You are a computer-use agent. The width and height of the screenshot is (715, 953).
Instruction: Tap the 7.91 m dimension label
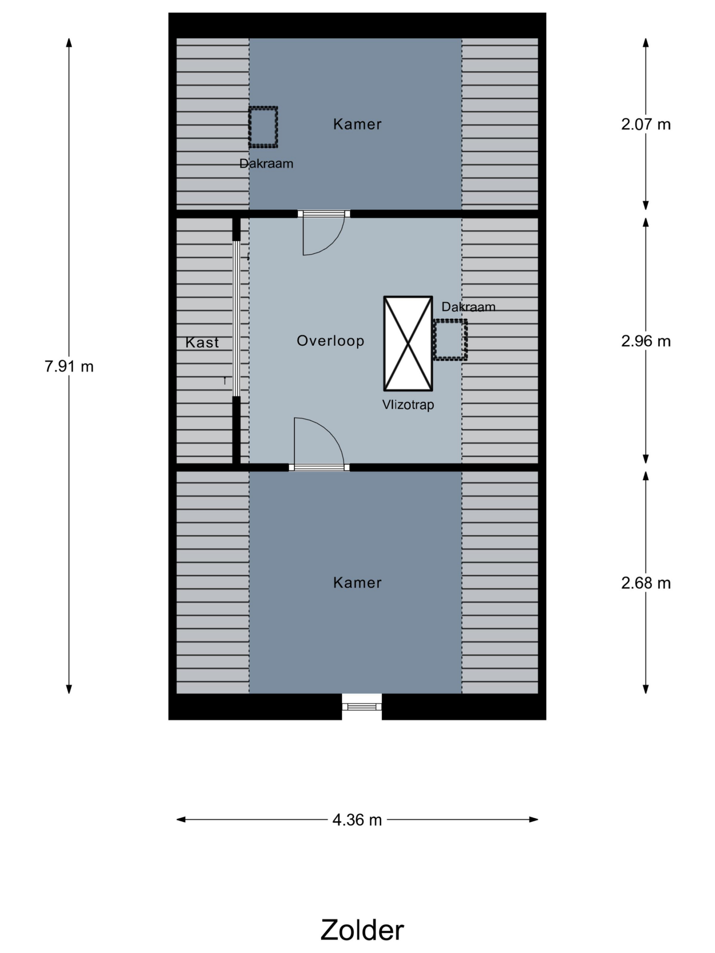pos(69,366)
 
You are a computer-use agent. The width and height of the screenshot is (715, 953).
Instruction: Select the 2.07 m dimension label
pos(646,124)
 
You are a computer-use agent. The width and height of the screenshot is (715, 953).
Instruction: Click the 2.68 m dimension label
pos(646,583)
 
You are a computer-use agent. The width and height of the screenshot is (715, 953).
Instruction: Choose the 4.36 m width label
pos(357,819)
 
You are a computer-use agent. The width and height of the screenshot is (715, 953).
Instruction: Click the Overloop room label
pos(331,341)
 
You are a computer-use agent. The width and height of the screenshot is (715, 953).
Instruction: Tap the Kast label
pos(202,342)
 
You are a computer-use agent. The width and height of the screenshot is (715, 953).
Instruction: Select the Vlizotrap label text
pos(408,405)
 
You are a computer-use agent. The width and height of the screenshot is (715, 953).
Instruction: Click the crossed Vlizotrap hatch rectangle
pos(408,343)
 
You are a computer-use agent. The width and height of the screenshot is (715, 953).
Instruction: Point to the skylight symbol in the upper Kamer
pos(263,127)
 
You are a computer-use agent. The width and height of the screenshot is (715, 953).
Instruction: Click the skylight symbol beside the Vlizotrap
pos(450,340)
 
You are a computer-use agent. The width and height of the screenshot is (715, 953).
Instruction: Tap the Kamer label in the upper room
pos(357,124)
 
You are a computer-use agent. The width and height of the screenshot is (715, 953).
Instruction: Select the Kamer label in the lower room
pos(357,583)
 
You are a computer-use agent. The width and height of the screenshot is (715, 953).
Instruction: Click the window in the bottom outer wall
pos(362,706)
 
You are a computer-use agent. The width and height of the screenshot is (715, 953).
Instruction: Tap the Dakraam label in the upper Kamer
pos(266,163)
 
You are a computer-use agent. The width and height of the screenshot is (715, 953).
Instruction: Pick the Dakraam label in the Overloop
pos(468,307)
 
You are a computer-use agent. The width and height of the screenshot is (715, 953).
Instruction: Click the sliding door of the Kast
pos(236,318)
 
